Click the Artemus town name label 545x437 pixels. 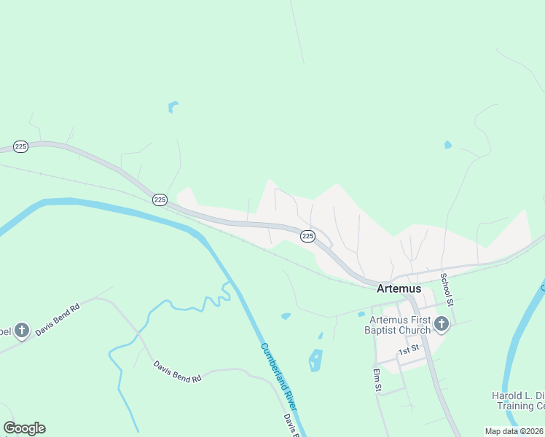[x=399, y=288]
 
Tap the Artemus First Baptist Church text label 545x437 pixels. [x=400, y=325]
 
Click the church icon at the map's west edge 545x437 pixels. [x=21, y=331]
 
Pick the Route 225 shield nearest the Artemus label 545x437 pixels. [x=307, y=236]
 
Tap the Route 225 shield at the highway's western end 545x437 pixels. [x=20, y=146]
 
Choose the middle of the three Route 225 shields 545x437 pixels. [x=160, y=199]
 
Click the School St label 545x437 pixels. [x=447, y=289]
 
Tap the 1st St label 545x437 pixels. [x=409, y=350]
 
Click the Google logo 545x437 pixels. [x=24, y=428]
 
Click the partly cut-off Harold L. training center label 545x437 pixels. [x=518, y=400]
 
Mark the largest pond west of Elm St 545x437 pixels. [x=315, y=360]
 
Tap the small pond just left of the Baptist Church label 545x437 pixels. [x=361, y=315]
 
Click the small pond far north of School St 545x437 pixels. [x=447, y=145]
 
